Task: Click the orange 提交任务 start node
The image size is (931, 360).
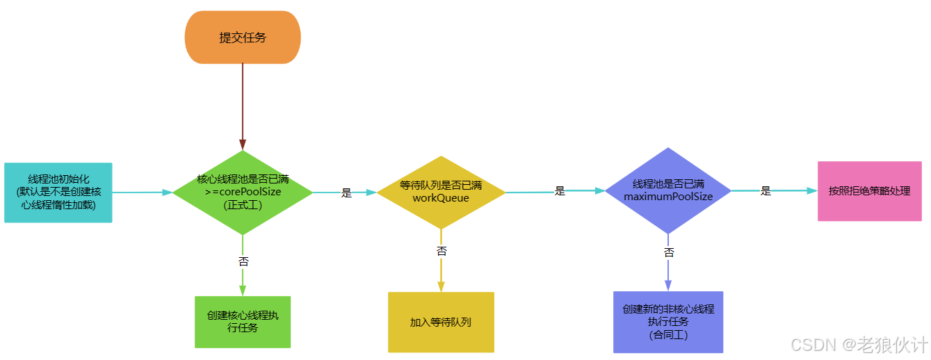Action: pos(243,38)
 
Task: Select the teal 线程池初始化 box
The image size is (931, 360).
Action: pos(58,193)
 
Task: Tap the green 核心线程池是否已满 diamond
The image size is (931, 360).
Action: pos(243,192)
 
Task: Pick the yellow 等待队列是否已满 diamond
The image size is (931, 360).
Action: pos(441,192)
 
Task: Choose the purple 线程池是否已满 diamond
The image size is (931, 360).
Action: pos(668,190)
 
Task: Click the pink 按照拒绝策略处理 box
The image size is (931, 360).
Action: pos(869,191)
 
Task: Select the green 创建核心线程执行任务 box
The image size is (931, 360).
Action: pos(242,322)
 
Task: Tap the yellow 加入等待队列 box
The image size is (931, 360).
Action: pos(441,322)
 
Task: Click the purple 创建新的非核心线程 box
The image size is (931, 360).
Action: pos(668,322)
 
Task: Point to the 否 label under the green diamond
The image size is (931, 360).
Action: pos(243,262)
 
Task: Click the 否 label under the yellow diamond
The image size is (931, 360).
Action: pos(442,251)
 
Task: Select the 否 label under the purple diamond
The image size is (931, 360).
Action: pos(669,252)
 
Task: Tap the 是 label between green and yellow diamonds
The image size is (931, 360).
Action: pos(346,193)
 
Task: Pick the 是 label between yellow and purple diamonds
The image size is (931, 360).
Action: pos(560,191)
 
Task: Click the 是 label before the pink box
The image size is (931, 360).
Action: pos(766,191)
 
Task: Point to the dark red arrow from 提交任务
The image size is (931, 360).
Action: pos(243,104)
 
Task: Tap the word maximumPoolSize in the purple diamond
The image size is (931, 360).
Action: pos(668,197)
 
